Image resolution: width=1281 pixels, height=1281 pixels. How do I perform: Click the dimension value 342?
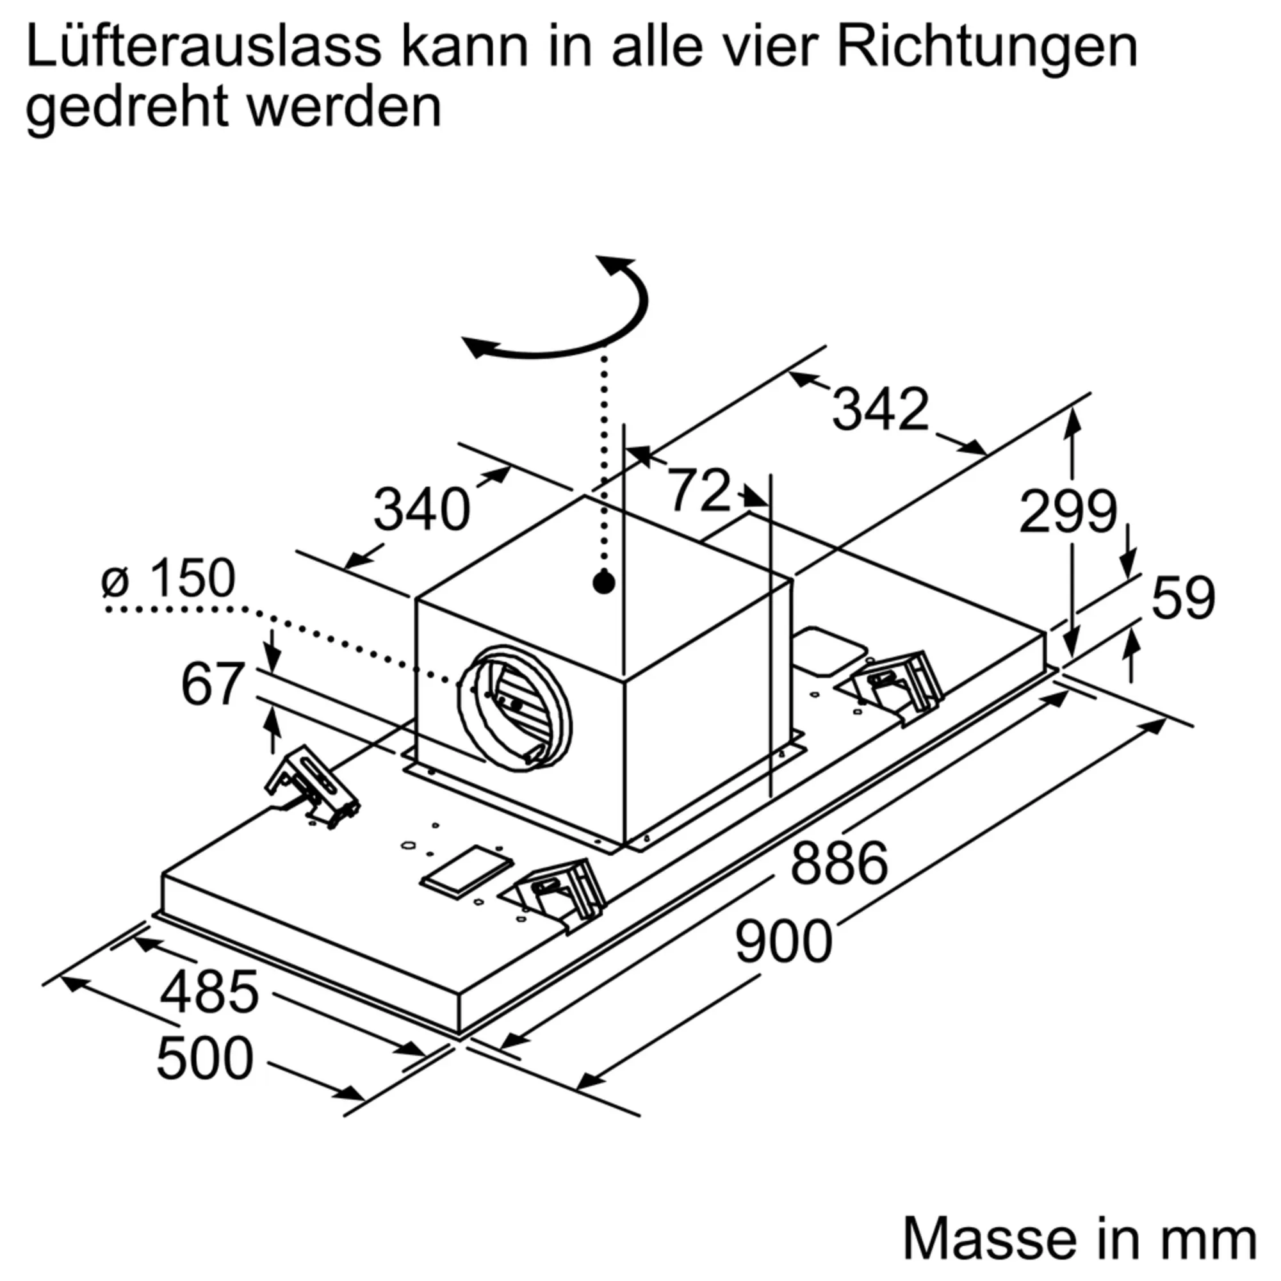(880, 409)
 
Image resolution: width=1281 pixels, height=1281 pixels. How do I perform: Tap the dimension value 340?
(421, 509)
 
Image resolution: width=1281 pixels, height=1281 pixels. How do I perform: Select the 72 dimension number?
(699, 490)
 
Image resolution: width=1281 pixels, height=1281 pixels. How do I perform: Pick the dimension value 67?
(212, 684)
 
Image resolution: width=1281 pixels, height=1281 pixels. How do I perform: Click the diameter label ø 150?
(168, 578)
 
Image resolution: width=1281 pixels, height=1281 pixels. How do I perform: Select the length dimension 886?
(839, 862)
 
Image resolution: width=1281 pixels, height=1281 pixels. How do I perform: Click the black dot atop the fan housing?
(603, 583)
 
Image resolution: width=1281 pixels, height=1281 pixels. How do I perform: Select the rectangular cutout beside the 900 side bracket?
(468, 871)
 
